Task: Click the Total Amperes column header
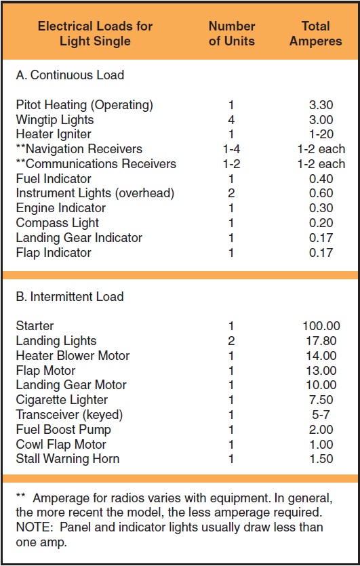[316, 33]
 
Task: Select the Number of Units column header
[232, 33]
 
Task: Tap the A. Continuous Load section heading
[70, 75]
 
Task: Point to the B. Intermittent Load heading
[70, 297]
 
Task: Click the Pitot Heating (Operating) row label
[85, 105]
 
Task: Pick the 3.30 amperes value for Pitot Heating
[321, 105]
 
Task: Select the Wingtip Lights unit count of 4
[232, 120]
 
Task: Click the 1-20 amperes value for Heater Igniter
[321, 134]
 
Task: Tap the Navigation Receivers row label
[79, 149]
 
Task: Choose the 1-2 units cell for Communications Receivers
[231, 164]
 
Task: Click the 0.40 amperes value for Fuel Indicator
[321, 179]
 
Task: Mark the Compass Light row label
[58, 223]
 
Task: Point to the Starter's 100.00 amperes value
[321, 326]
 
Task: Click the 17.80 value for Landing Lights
[321, 341]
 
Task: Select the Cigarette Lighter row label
[62, 400]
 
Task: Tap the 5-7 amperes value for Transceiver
[321, 415]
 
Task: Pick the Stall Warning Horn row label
[68, 459]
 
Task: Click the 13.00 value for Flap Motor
[321, 371]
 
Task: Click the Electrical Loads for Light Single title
[95, 33]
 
